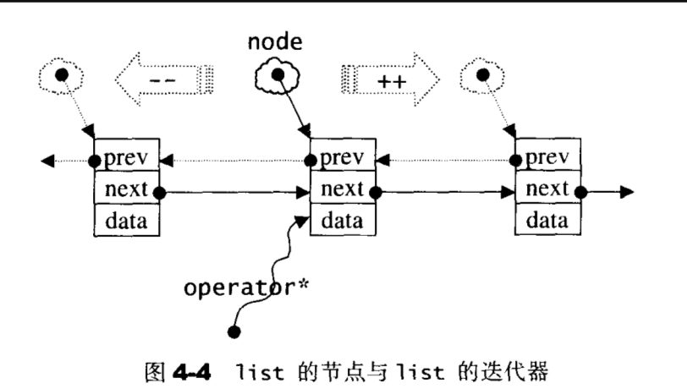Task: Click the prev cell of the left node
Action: (x=126, y=158)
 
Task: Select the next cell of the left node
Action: (x=126, y=190)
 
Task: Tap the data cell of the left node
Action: (x=126, y=221)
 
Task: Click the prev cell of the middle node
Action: (x=342, y=158)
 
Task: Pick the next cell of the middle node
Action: (x=342, y=190)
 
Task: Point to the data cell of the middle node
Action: (x=342, y=221)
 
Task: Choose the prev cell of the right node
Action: (x=548, y=158)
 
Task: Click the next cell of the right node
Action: (x=548, y=190)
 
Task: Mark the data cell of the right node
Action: (x=548, y=221)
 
